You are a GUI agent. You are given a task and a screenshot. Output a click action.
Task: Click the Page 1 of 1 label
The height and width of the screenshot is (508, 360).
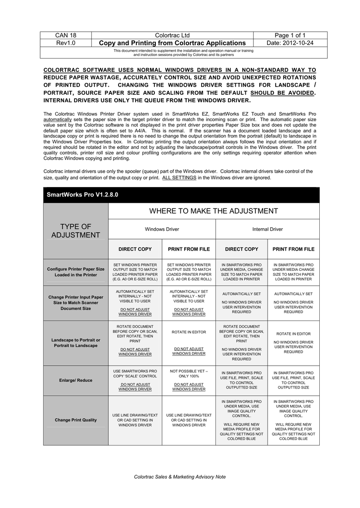tap(290, 35)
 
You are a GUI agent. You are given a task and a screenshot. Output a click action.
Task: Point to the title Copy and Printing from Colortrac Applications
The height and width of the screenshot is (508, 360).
tap(172, 43)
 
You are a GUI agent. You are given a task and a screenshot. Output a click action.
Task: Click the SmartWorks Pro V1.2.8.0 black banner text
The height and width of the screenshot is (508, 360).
tap(76, 195)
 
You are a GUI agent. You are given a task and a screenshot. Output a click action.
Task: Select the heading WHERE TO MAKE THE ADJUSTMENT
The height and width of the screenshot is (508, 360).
tap(214, 211)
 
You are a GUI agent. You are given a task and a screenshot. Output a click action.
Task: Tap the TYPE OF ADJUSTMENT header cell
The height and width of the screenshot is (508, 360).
tap(75, 231)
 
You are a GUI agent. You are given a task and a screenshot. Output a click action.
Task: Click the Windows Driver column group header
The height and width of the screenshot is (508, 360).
tap(161, 229)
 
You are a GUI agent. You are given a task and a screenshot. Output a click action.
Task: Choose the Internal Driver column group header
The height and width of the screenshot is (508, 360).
tap(267, 229)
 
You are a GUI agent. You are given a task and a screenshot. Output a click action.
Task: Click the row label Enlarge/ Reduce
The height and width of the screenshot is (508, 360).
tap(75, 381)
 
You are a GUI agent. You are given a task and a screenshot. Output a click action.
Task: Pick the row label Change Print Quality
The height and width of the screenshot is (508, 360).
tap(75, 420)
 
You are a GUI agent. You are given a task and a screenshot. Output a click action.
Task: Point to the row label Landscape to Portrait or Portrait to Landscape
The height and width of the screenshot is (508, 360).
tap(75, 343)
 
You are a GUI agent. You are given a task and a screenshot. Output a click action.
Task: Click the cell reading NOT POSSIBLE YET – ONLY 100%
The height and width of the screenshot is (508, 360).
tap(189, 374)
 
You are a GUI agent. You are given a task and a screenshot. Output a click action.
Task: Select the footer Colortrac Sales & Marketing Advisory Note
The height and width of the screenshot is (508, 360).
tap(180, 477)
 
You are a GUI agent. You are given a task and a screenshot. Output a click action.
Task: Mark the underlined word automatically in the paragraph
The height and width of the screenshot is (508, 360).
tap(57, 120)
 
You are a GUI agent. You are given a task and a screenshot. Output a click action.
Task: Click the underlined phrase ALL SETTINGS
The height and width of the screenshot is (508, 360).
tap(179, 178)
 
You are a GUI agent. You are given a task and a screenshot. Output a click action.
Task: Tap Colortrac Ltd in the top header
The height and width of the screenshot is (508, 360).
tap(172, 35)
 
